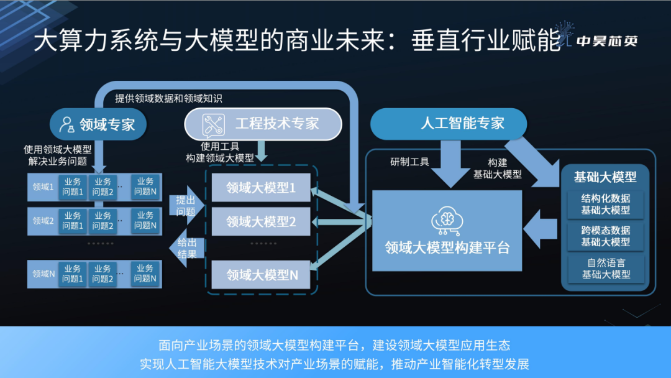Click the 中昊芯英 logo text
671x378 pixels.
(x=607, y=42)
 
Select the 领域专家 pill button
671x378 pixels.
(x=98, y=124)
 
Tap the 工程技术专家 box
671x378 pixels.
(x=263, y=124)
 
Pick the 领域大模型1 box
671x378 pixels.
(x=260, y=187)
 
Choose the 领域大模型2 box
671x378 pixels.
(x=260, y=221)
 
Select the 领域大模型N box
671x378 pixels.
(x=260, y=275)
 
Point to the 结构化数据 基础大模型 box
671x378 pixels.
(x=606, y=204)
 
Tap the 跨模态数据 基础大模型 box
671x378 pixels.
(x=606, y=236)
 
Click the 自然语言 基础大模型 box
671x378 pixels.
(x=606, y=269)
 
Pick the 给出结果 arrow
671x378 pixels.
(x=185, y=248)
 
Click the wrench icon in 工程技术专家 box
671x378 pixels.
(x=213, y=124)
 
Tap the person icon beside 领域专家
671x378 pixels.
(x=67, y=124)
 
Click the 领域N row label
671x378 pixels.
(x=43, y=274)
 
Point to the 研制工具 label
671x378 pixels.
(x=409, y=162)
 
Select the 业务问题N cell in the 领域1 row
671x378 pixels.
(x=145, y=187)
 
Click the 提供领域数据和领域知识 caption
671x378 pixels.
(x=168, y=98)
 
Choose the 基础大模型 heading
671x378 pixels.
(x=605, y=177)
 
